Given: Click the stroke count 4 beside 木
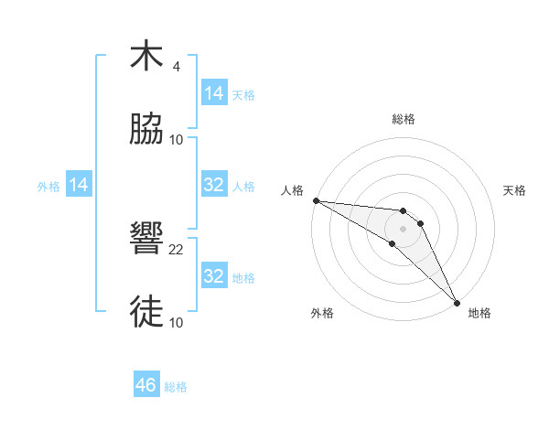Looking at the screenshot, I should click(176, 67).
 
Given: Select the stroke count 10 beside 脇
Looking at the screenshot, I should click(177, 140).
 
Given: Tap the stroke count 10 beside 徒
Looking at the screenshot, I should click(177, 323).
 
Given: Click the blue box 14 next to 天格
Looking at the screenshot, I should click(214, 93).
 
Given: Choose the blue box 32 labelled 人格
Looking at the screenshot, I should click(214, 185).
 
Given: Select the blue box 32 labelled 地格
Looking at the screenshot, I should click(214, 276).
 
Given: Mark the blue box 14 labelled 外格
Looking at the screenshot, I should click(79, 185).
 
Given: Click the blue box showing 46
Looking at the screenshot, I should click(146, 385).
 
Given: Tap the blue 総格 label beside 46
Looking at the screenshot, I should click(176, 387).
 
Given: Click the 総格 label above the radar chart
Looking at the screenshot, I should click(404, 119).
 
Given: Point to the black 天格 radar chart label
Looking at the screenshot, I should click(514, 190).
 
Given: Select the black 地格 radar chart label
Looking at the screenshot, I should click(479, 313).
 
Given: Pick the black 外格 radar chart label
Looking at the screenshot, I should click(322, 313).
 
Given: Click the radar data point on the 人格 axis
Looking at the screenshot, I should click(316, 200).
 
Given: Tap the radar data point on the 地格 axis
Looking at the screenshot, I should click(456, 301).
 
